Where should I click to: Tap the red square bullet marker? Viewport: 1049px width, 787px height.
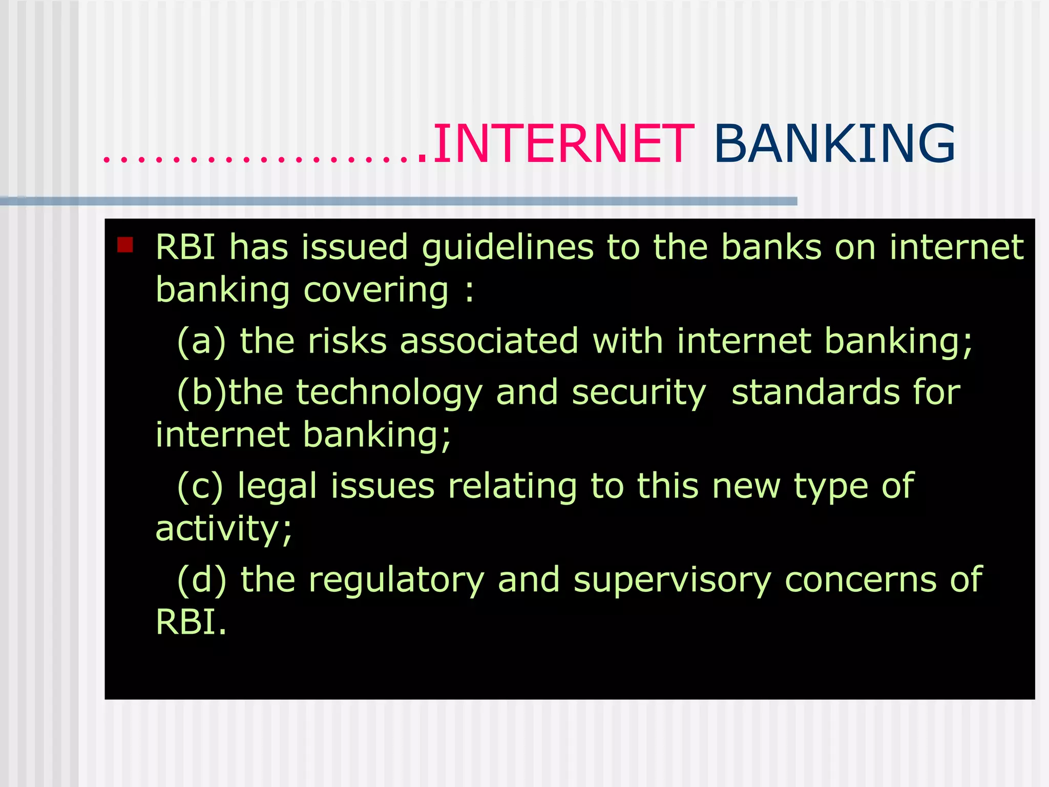tap(125, 245)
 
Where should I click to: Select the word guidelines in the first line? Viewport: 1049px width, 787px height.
tap(508, 248)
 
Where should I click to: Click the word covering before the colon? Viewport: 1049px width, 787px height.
tap(376, 291)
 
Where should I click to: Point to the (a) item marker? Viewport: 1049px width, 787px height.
tap(201, 342)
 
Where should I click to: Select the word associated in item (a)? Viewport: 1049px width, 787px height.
tap(489, 341)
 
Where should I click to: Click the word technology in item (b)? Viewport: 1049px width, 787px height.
tap(389, 393)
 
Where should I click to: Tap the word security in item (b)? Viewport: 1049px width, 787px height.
tap(639, 393)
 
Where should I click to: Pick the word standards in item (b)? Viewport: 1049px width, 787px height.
tap(815, 393)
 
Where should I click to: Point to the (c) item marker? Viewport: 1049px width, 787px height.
tap(200, 486)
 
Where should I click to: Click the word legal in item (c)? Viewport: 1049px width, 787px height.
tap(277, 486)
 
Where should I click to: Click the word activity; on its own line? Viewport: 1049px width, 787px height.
tap(224, 529)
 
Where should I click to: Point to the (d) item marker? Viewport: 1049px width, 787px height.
tap(201, 580)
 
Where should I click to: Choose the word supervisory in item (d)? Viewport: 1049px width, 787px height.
tap(672, 581)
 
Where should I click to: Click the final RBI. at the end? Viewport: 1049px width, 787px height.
tap(191, 623)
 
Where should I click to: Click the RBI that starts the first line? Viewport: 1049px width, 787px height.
tap(185, 247)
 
